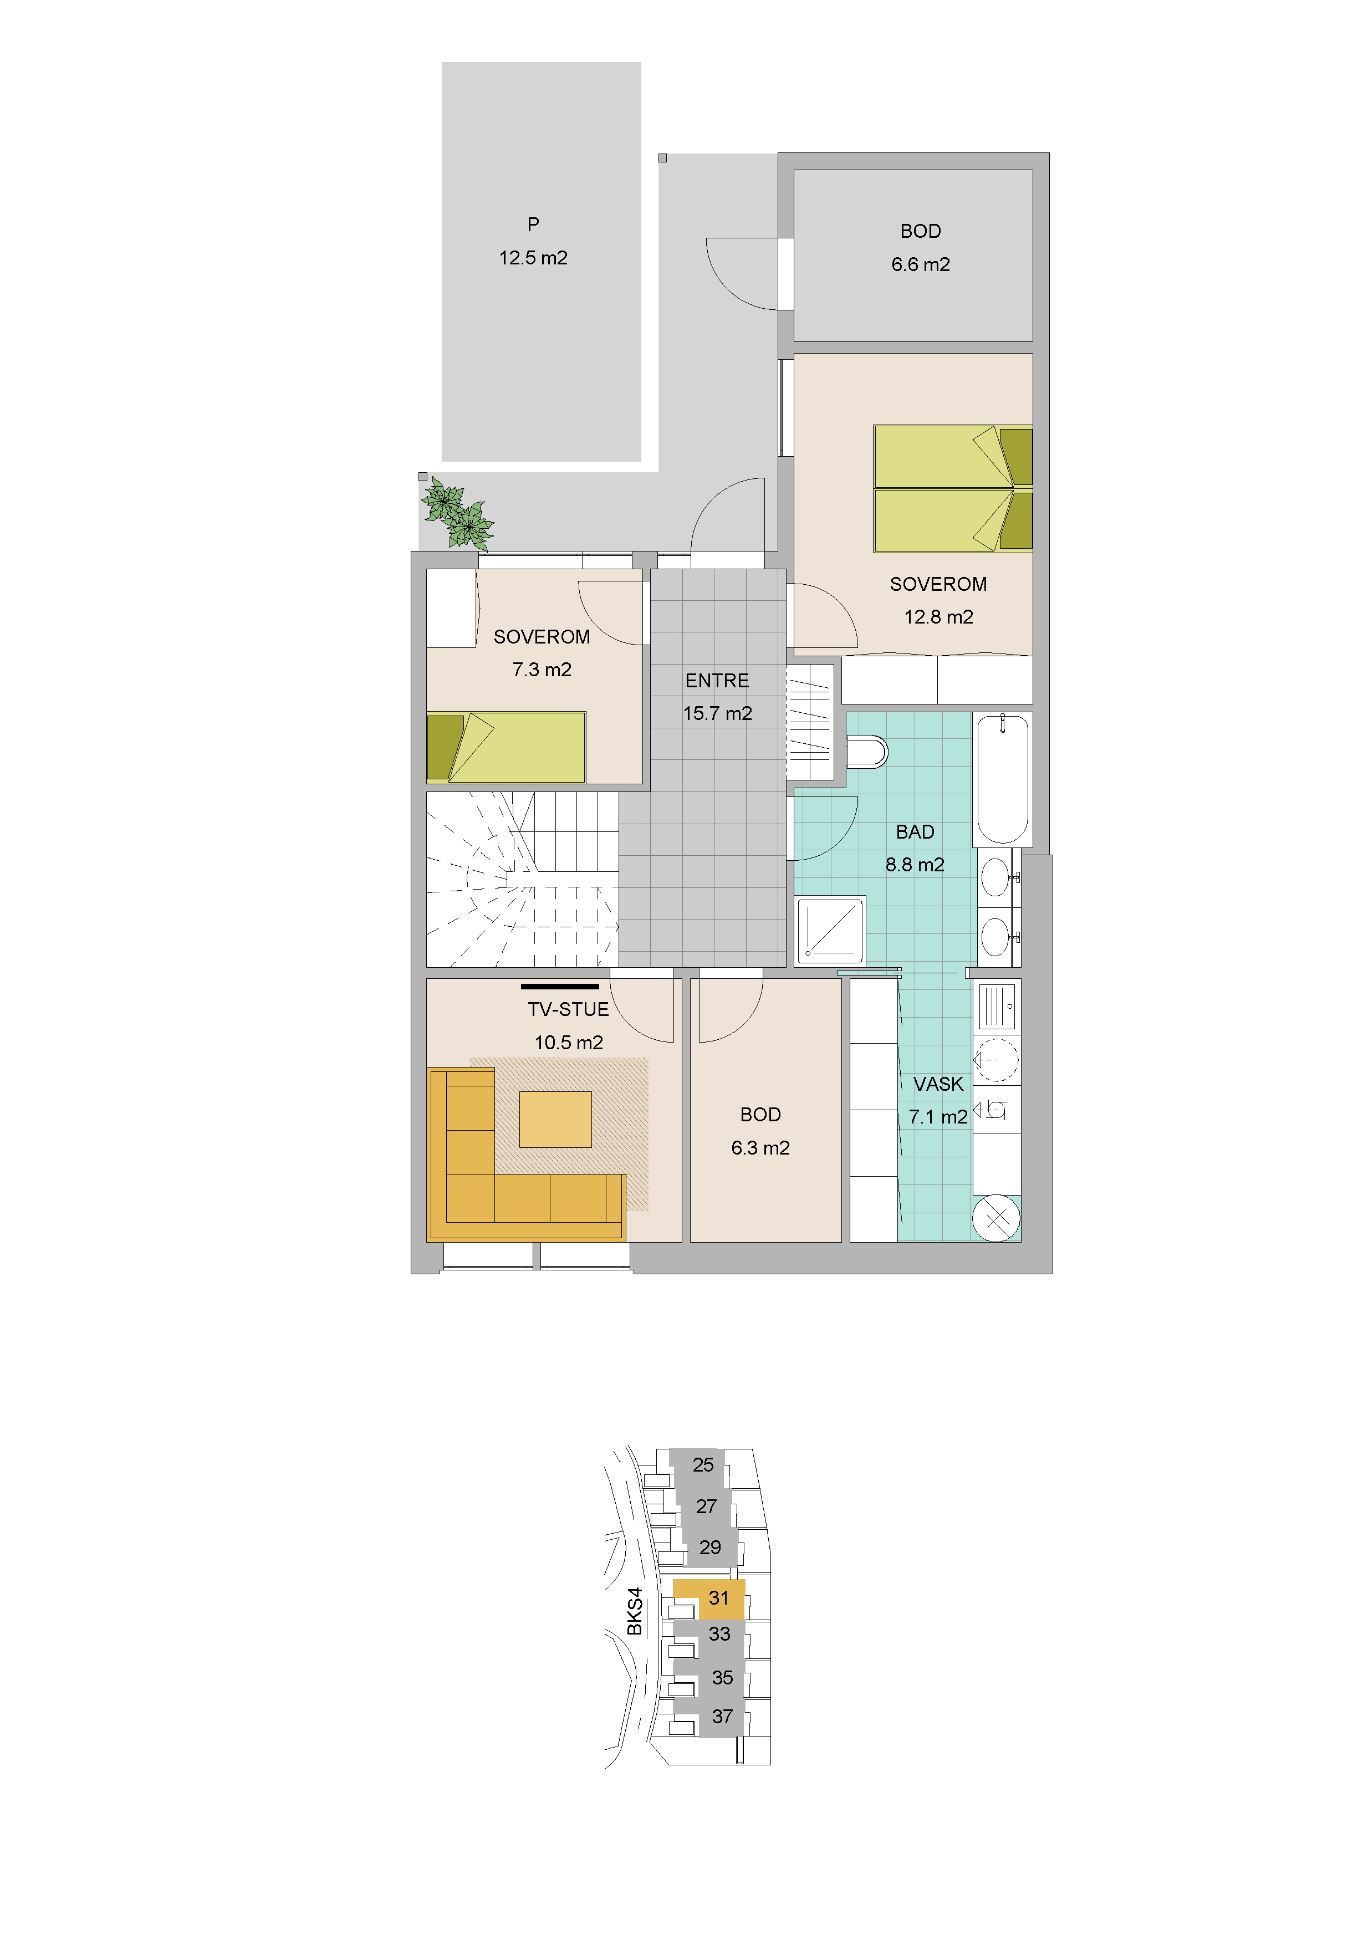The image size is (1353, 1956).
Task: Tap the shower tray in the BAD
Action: point(831,930)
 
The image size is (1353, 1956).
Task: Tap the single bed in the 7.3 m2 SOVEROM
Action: point(506,747)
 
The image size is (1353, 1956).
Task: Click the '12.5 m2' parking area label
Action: point(533,258)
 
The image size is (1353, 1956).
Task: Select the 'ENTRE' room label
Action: point(717,681)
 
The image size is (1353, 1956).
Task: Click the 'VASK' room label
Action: point(938,1084)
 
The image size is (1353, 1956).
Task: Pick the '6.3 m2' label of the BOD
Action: point(760,1147)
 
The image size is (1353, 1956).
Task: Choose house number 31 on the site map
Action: point(719,1597)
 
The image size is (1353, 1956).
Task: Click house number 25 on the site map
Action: point(703,1464)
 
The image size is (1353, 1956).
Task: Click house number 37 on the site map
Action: point(722,1716)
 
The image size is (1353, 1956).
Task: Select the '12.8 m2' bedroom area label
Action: point(938,617)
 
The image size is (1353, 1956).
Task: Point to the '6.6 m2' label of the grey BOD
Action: point(921,264)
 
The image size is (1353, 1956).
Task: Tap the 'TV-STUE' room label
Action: point(568,1009)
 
